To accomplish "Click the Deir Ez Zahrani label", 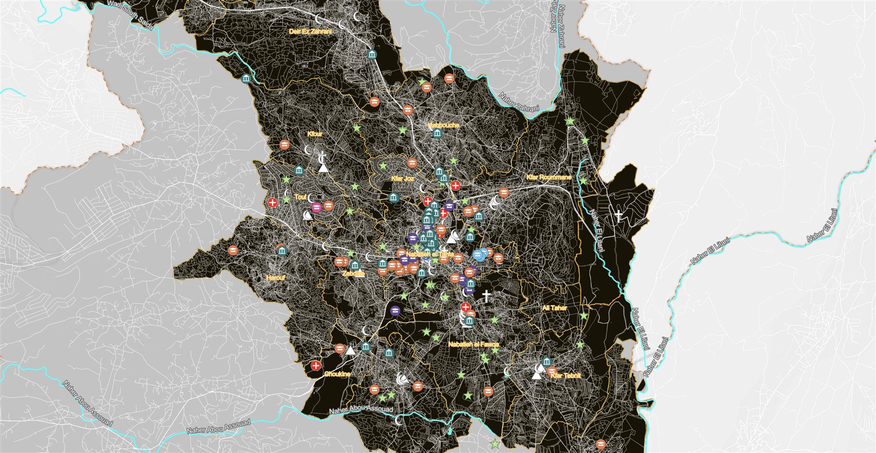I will tap(310, 32).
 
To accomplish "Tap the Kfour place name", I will tap(315, 134).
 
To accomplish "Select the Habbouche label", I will tap(443, 125).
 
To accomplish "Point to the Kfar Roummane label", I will tap(548, 177).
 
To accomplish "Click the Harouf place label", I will tap(275, 278).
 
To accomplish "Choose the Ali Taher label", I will tap(554, 308).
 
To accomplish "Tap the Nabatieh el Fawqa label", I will tap(473, 344).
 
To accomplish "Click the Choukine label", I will tap(337, 374).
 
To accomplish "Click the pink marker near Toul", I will tap(317, 208).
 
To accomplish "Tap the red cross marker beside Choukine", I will tap(316, 366).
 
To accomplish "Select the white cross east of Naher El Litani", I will tap(619, 216).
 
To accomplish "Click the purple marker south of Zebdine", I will tap(395, 310).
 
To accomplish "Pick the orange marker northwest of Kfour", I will tap(285, 145).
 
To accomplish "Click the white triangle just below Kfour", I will tap(323, 168).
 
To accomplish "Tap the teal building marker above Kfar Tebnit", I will tap(546, 361).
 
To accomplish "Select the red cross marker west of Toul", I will tap(273, 202).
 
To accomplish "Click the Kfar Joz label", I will tap(402, 179).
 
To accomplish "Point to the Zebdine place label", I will tap(353, 274).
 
